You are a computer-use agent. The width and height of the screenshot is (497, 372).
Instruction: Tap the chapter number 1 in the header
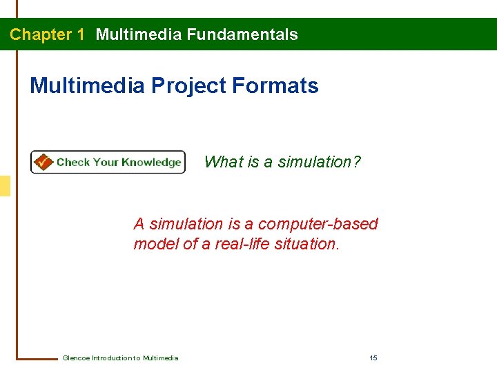[81, 34]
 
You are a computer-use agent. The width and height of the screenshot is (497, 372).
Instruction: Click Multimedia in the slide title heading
[88, 86]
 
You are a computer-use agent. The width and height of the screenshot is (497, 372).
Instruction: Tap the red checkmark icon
[43, 162]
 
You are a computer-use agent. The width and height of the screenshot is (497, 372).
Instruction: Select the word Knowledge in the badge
[150, 163]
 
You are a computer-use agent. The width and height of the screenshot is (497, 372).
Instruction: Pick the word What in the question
[220, 162]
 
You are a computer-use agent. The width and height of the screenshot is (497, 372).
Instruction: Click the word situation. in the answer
[306, 244]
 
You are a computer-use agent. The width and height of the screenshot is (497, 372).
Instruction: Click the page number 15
[373, 358]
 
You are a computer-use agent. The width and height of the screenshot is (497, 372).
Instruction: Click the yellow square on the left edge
[5, 186]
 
